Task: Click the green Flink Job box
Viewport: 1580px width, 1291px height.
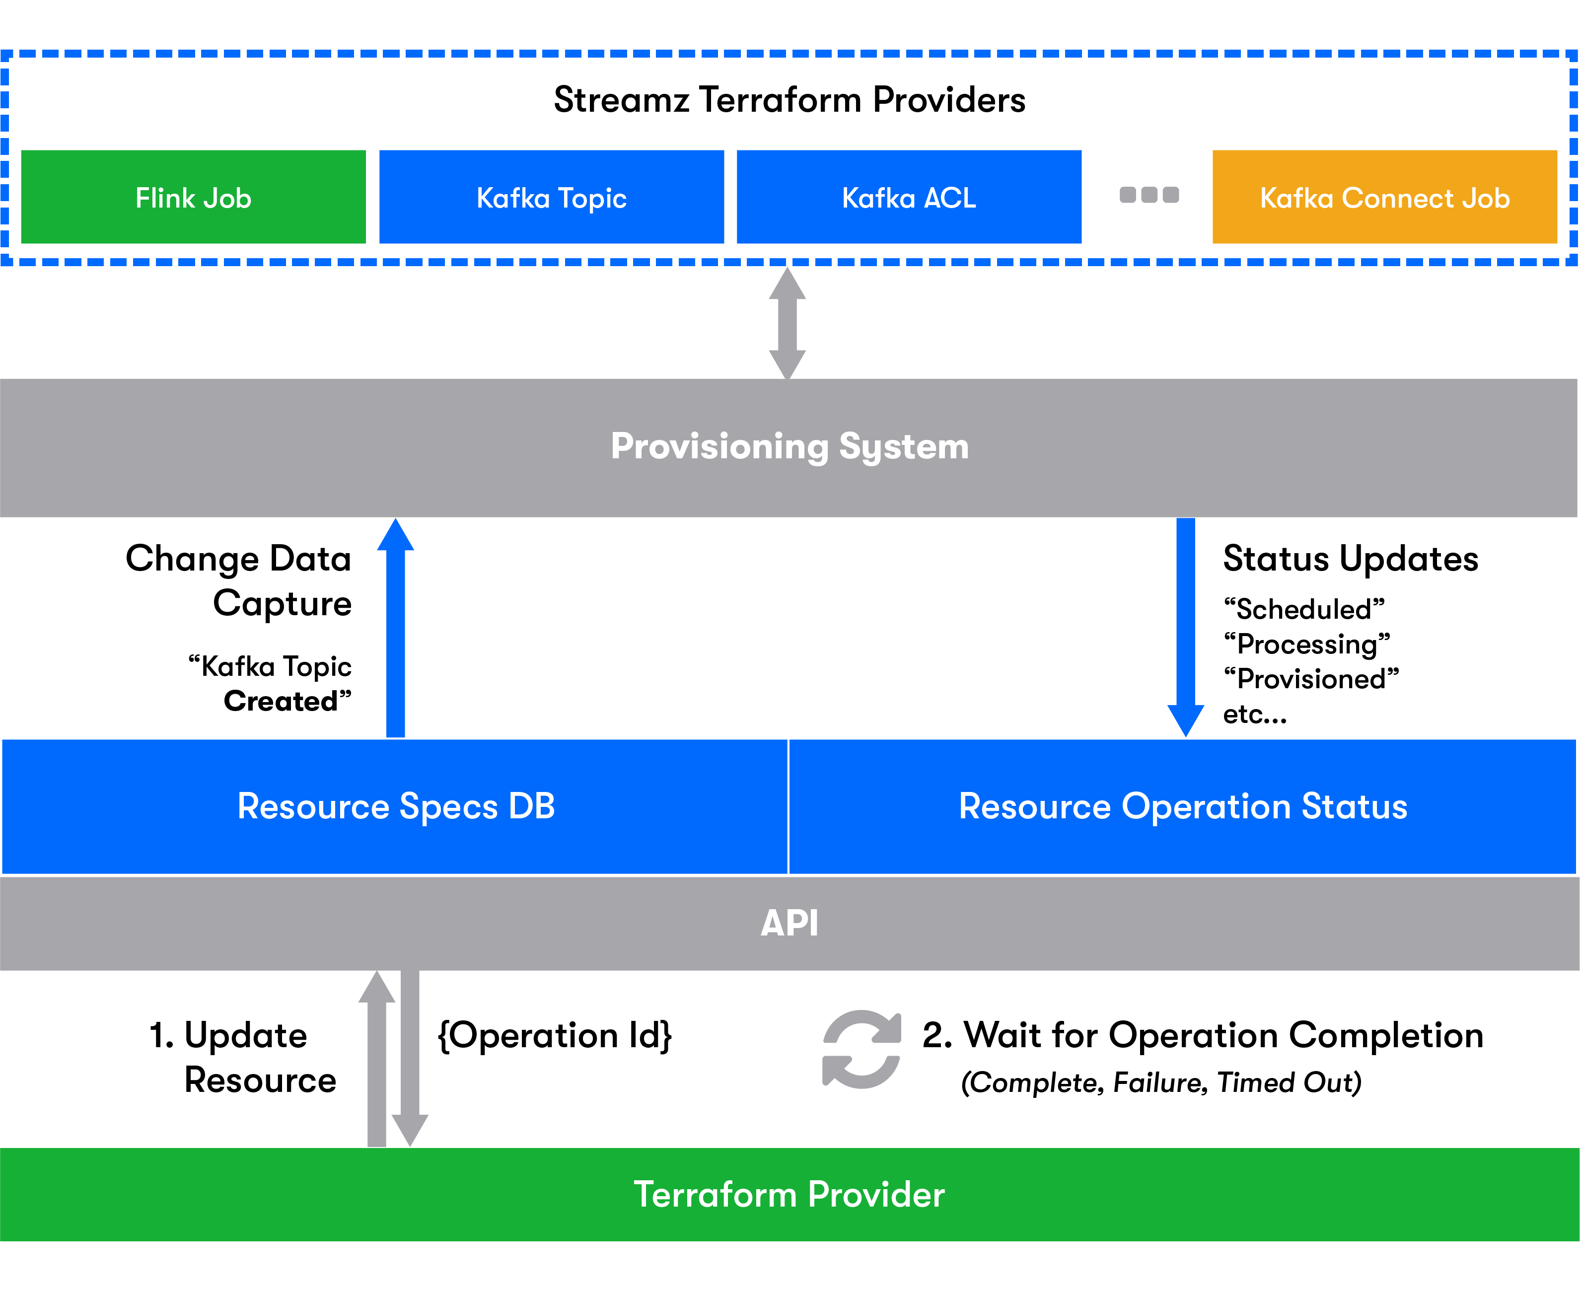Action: click(193, 197)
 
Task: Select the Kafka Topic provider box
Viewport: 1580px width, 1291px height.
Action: click(552, 197)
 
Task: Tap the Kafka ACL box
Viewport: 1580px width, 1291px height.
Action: click(909, 197)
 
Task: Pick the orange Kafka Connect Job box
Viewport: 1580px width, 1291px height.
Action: click(1384, 197)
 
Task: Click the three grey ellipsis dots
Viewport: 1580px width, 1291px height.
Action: click(1149, 195)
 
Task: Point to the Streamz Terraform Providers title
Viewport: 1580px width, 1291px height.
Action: click(790, 100)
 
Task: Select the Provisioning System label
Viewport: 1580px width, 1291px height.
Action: click(790, 447)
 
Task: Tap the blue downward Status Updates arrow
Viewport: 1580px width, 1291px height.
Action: click(1186, 628)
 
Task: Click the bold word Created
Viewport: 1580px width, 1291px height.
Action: click(281, 701)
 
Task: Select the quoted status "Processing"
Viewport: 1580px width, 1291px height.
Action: click(1307, 644)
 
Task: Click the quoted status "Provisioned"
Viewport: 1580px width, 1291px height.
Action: click(1311, 679)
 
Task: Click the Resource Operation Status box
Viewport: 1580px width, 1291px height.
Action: click(1183, 807)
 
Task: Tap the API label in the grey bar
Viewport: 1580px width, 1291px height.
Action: click(790, 924)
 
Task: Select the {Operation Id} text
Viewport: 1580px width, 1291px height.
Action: click(555, 1036)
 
